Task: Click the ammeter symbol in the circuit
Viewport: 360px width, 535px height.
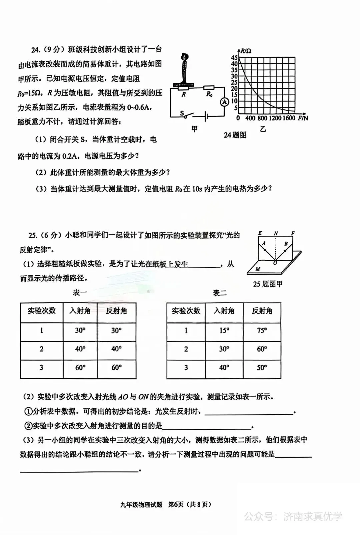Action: click(224, 102)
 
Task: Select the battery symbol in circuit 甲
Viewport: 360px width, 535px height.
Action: click(207, 117)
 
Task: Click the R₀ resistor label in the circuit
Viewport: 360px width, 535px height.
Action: click(209, 94)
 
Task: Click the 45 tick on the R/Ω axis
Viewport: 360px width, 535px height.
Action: click(234, 58)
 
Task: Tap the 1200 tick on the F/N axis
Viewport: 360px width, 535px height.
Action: click(275, 118)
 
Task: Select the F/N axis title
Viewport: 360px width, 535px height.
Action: click(303, 118)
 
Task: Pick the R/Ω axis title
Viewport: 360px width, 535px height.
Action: click(246, 51)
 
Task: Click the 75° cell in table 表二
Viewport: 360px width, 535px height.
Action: click(262, 330)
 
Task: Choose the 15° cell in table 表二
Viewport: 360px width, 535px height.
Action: click(224, 330)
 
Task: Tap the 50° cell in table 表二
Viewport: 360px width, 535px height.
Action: click(262, 368)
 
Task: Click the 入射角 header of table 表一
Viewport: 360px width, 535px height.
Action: click(80, 311)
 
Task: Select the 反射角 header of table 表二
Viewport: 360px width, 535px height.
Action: click(262, 311)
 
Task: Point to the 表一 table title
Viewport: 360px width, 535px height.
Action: click(80, 293)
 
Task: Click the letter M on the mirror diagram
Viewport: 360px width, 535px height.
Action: click(258, 269)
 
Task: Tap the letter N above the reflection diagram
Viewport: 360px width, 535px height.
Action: click(276, 233)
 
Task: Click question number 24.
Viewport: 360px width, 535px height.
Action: click(36, 50)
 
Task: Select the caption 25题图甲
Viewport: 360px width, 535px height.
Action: click(268, 284)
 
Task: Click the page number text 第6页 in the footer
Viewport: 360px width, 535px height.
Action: click(176, 504)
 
